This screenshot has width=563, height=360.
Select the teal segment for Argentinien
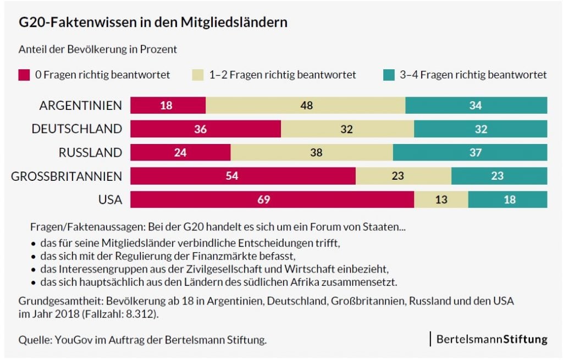click(x=476, y=105)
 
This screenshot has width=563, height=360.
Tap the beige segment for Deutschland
click(x=347, y=129)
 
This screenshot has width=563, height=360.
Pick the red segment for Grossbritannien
click(x=242, y=176)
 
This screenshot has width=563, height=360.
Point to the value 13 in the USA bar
click(x=441, y=200)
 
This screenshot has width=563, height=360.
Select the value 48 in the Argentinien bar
click(x=306, y=105)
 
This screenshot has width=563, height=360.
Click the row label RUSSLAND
click(x=90, y=152)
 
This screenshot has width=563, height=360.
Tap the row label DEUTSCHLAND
click(x=76, y=129)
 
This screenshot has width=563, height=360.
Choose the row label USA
click(x=110, y=200)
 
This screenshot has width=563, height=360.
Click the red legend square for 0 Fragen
click(x=24, y=75)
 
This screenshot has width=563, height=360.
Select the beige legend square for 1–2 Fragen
click(x=197, y=75)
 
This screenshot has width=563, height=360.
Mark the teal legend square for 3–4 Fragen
click(x=389, y=75)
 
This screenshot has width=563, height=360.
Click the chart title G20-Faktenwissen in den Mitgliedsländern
click(x=153, y=23)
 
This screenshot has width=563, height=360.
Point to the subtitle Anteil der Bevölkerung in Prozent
click(x=98, y=49)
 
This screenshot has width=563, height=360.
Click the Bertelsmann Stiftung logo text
click(x=492, y=339)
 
